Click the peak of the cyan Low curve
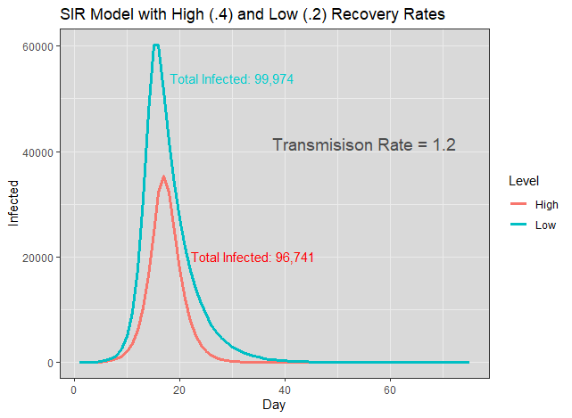(156, 45)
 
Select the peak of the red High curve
(163, 176)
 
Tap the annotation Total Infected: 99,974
(231, 79)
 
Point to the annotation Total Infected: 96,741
(253, 258)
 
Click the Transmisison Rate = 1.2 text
(364, 144)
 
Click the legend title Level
(523, 181)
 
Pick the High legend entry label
(546, 205)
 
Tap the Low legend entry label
(545, 225)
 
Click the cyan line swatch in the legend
(518, 225)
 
